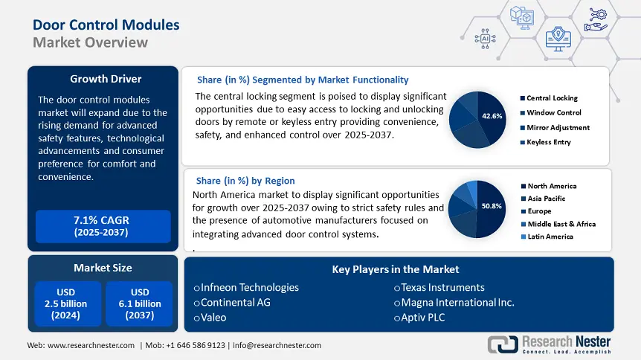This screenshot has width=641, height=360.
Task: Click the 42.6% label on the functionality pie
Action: pyautogui.click(x=492, y=116)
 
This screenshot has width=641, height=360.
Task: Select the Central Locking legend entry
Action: pyautogui.click(x=551, y=98)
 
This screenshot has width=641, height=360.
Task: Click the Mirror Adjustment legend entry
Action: pyautogui.click(x=557, y=127)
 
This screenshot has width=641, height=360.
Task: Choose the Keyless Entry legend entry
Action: pyautogui.click(x=548, y=142)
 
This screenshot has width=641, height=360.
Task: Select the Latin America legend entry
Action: pyautogui.click(x=550, y=237)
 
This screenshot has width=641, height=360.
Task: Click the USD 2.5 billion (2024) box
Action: pyautogui.click(x=66, y=303)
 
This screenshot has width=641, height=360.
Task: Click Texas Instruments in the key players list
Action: pyautogui.click(x=442, y=287)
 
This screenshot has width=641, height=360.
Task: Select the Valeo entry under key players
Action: pyautogui.click(x=213, y=318)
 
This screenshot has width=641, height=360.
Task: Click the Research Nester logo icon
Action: pyautogui.click(x=503, y=344)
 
